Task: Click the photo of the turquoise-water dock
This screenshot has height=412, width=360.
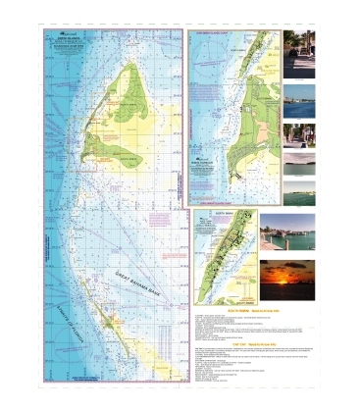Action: click(x=287, y=232)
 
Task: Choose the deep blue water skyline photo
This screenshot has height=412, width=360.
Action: click(x=299, y=102)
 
